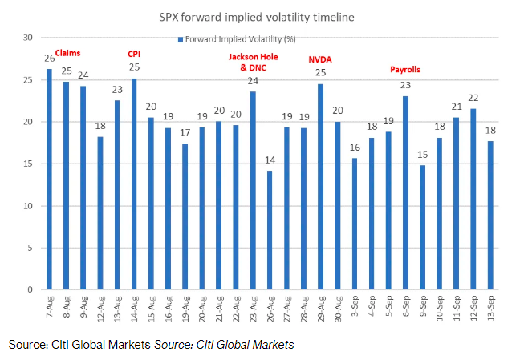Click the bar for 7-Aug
pyautogui.click(x=50, y=180)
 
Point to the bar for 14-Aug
pyautogui.click(x=134, y=184)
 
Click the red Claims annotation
pyautogui.click(x=67, y=54)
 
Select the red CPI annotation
pyautogui.click(x=134, y=54)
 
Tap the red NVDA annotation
pyautogui.click(x=320, y=59)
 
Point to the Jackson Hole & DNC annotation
pyautogui.click(x=253, y=63)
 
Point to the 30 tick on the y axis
pyautogui.click(x=28, y=38)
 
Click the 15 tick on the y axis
pyautogui.click(x=28, y=164)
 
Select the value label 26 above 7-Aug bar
pyautogui.click(x=50, y=59)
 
